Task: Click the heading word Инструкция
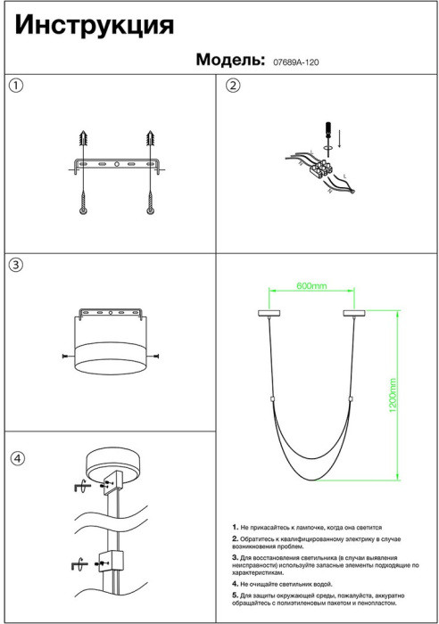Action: click(x=95, y=26)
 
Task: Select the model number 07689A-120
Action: click(x=295, y=62)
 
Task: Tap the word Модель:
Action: click(x=230, y=60)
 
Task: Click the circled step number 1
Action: click(x=16, y=86)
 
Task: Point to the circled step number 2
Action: click(x=233, y=86)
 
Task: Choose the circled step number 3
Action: click(x=16, y=265)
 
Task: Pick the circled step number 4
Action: click(x=17, y=458)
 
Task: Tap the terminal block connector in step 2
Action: click(x=322, y=168)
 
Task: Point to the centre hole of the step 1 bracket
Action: click(x=117, y=164)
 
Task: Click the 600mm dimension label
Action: click(x=311, y=286)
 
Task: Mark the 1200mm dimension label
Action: click(x=393, y=395)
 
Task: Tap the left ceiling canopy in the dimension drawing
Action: click(x=269, y=314)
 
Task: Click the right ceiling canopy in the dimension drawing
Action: click(x=354, y=314)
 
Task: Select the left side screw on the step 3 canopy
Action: click(x=68, y=356)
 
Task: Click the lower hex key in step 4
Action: click(x=79, y=564)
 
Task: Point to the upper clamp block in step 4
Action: click(x=113, y=483)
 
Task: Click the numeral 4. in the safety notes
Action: click(x=235, y=584)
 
